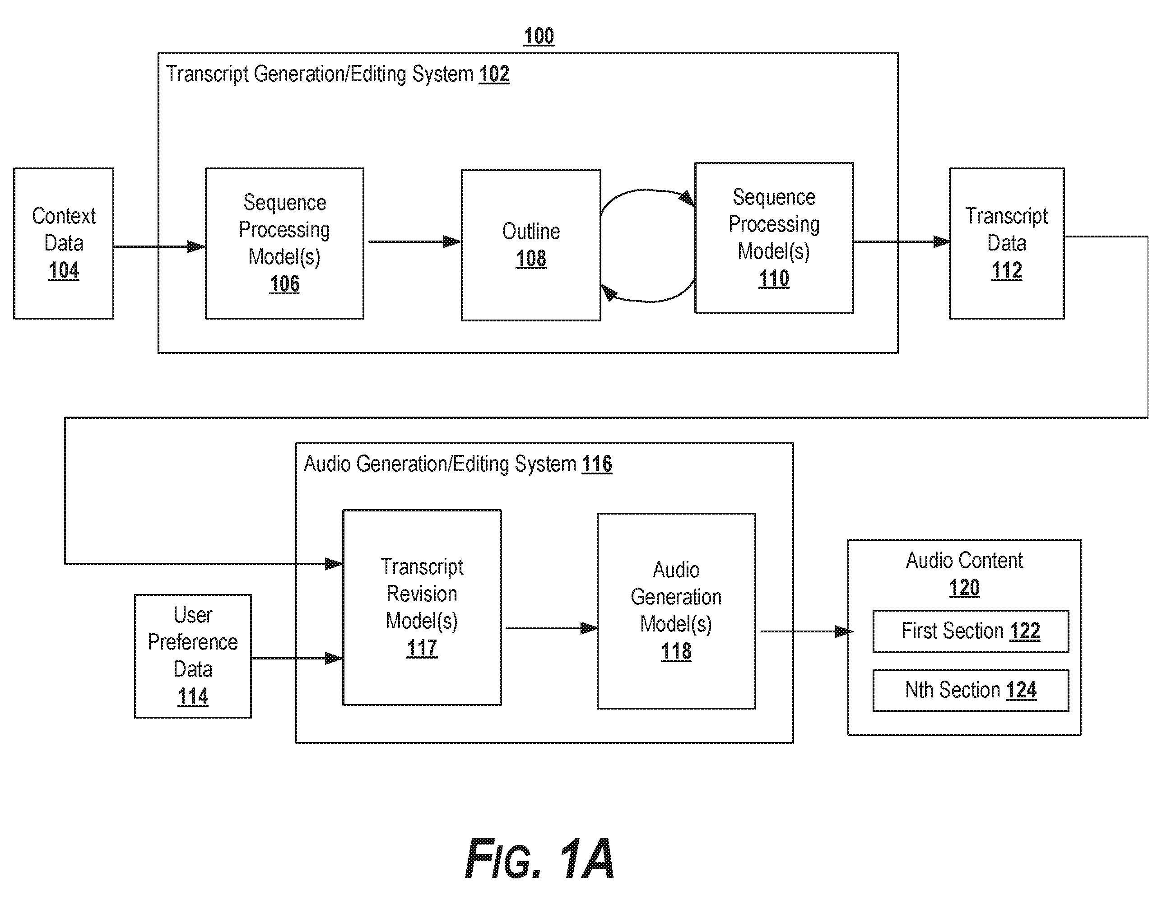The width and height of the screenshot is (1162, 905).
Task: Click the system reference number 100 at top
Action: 539,36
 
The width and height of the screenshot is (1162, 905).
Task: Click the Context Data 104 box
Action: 64,244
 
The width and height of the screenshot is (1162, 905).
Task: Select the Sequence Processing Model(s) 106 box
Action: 285,244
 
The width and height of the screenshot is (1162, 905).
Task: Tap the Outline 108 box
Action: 531,245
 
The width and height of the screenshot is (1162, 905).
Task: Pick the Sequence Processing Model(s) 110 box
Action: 774,238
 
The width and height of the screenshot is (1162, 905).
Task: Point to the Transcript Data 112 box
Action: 1007,244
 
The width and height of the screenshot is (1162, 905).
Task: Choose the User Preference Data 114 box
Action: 193,656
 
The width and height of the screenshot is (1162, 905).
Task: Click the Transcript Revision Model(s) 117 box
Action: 422,608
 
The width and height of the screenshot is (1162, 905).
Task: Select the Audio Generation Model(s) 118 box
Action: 676,611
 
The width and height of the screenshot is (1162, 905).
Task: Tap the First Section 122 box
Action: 971,631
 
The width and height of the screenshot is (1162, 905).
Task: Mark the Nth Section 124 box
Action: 971,690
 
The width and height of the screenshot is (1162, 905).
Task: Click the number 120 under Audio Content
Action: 964,588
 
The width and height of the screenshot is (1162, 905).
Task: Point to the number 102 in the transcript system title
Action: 494,74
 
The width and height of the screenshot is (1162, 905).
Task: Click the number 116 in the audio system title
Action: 597,464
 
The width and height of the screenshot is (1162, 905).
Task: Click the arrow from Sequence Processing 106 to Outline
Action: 414,241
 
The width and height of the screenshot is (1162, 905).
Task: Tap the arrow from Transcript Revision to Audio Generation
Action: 551,628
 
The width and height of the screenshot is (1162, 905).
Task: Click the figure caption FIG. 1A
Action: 539,858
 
